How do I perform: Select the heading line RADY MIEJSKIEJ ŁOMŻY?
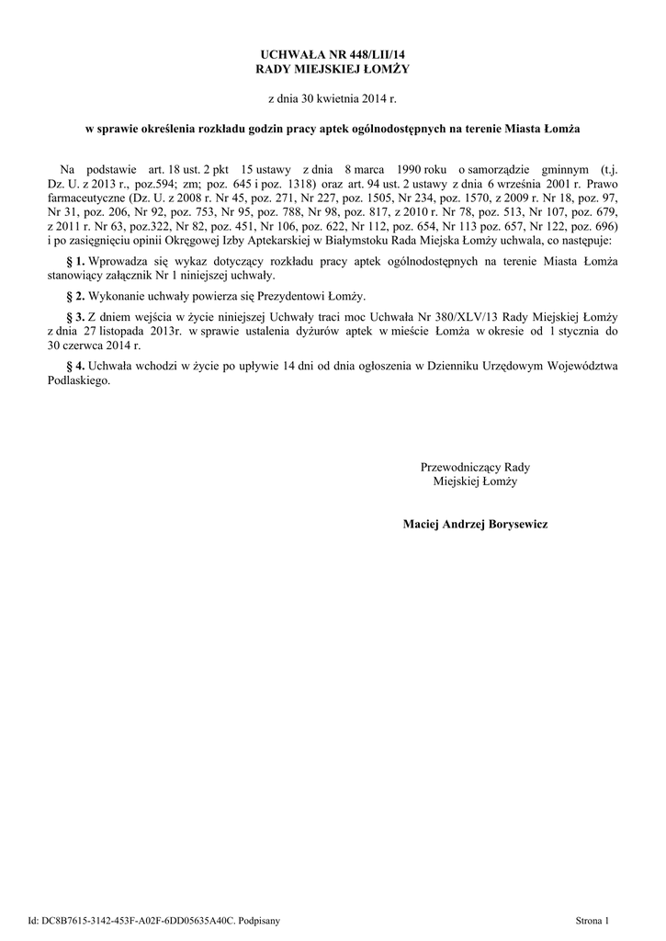[333, 70]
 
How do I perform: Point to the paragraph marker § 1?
[76, 263]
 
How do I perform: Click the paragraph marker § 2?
[76, 296]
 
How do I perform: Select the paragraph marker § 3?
[76, 317]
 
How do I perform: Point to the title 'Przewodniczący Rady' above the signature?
[475, 467]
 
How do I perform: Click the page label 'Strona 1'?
[592, 919]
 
